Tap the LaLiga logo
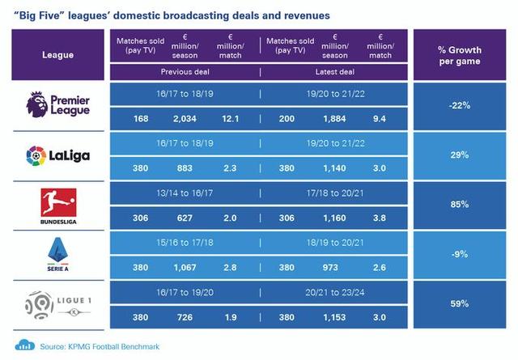[x=58, y=154]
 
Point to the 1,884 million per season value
[x=334, y=119]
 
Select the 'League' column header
[x=58, y=55]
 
